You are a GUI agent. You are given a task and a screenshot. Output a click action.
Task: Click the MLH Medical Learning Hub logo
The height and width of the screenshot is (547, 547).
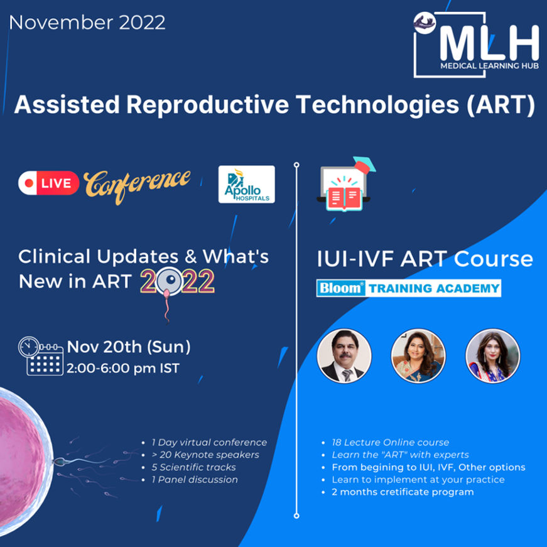tap(476, 45)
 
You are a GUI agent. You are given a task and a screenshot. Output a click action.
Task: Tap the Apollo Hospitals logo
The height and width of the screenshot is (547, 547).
tap(247, 184)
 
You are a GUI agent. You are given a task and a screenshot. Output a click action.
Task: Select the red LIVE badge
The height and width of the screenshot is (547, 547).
tap(49, 183)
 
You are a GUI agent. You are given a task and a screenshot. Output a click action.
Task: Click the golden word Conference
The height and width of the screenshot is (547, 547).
tap(137, 185)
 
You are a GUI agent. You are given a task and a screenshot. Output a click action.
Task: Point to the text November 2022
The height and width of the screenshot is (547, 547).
tap(87, 23)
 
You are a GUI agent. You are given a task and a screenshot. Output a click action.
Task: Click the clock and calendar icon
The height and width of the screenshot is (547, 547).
tap(41, 356)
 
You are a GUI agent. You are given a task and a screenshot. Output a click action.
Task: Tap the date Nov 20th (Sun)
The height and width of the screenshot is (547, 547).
tap(129, 347)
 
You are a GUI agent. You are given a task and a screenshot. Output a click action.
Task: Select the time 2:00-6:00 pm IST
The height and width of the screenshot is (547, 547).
tap(123, 369)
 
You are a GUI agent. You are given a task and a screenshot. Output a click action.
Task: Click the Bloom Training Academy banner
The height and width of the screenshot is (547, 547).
tap(408, 288)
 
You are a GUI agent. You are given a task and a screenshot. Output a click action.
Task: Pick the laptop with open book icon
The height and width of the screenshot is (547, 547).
tap(345, 184)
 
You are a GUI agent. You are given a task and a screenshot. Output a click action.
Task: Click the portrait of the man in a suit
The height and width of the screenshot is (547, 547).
tap(344, 355)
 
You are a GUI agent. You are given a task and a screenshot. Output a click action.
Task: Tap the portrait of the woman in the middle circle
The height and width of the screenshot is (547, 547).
tap(418, 355)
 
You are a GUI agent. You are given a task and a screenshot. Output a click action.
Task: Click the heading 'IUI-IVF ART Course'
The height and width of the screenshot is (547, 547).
tap(425, 259)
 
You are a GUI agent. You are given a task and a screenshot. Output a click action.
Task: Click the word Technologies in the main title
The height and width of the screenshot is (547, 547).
tap(378, 105)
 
